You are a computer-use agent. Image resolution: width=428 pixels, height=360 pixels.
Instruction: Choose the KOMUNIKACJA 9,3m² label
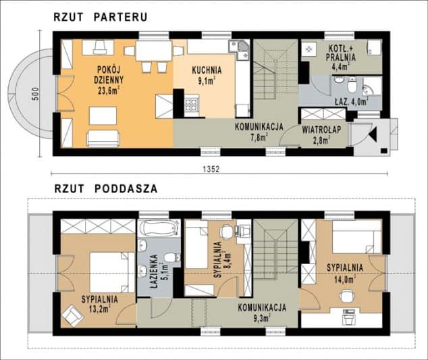[x=261, y=311]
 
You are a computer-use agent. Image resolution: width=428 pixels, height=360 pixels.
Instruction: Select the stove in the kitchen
[x=190, y=105]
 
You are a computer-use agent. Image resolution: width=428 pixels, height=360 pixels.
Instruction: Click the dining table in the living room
[x=153, y=51]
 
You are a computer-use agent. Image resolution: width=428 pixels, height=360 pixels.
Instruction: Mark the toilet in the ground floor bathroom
[x=352, y=85]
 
